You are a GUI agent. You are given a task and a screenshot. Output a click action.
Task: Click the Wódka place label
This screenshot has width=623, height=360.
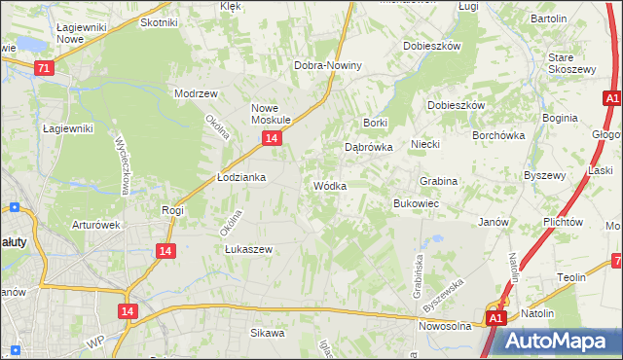[x=329, y=186]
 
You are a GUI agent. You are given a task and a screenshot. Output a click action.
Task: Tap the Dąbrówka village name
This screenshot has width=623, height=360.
[x=368, y=148]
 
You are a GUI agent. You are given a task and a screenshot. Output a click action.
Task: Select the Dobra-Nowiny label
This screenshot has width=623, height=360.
[x=328, y=66]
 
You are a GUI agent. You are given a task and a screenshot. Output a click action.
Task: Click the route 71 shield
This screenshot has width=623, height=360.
[x=43, y=69]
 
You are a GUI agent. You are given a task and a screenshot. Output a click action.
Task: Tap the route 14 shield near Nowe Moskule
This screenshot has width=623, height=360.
[x=272, y=140]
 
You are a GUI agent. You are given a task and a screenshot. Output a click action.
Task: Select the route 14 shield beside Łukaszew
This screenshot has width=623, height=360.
[x=165, y=251]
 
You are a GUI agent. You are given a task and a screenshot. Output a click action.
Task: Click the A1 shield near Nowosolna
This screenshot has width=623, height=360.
[x=495, y=318]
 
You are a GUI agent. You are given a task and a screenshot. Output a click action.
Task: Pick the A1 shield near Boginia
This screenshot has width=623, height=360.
[x=611, y=99]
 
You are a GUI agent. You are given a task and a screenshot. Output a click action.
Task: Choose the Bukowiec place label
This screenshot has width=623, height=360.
[x=416, y=203]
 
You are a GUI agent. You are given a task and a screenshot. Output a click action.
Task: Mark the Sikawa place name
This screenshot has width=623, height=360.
[x=267, y=333]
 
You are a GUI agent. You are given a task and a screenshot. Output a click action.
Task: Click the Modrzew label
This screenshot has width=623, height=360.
[x=195, y=93]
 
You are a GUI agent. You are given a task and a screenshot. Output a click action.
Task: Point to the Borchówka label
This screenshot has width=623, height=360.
[x=498, y=136]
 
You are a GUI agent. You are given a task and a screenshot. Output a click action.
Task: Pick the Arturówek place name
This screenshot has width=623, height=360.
[x=95, y=225]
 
